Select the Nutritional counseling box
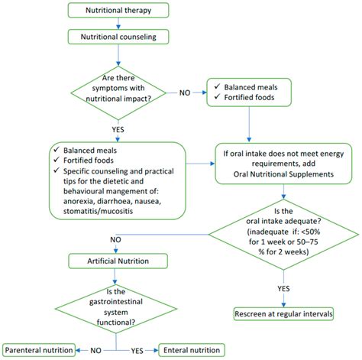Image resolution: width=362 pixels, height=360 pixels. tap(118, 36)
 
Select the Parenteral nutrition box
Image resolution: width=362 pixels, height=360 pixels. tap(39, 349)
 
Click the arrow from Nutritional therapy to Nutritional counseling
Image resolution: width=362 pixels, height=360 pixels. tap(118, 24)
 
